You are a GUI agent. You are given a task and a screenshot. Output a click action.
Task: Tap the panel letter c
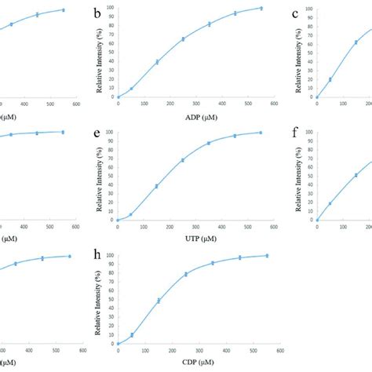[x=295, y=13]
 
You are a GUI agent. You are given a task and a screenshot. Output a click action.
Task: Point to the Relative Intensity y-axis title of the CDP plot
[x=101, y=302]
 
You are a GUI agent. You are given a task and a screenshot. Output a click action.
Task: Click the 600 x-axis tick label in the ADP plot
[x=274, y=104]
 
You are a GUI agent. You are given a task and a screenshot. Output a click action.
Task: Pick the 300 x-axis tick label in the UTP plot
[x=195, y=226]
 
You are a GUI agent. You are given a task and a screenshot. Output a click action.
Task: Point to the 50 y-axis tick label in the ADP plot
[x=111, y=53]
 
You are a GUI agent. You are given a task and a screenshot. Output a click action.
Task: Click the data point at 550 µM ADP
[x=261, y=8]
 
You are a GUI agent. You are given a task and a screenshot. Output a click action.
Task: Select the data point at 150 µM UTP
[x=157, y=186]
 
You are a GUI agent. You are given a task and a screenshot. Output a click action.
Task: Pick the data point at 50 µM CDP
[x=131, y=335]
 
